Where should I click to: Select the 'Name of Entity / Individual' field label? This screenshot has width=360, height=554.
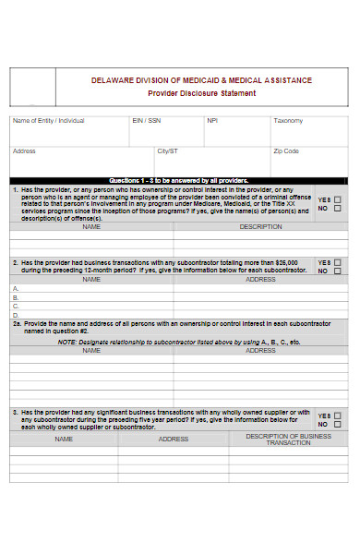pyautogui.click(x=48, y=121)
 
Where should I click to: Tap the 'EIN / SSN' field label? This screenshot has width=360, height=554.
pyautogui.click(x=147, y=121)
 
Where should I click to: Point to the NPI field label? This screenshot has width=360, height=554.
pyautogui.click(x=212, y=121)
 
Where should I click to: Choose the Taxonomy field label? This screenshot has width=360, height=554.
pyautogui.click(x=287, y=121)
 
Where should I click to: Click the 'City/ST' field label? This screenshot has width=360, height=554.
pyautogui.click(x=167, y=151)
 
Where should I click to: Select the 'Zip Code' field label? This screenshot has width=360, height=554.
pyautogui.click(x=286, y=151)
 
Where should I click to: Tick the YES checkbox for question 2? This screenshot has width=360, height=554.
pyautogui.click(x=337, y=262)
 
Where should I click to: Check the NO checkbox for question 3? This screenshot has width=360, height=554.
pyautogui.click(x=337, y=425)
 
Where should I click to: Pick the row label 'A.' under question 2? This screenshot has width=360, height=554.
pyautogui.click(x=15, y=288)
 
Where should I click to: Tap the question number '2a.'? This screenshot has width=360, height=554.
pyautogui.click(x=17, y=324)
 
